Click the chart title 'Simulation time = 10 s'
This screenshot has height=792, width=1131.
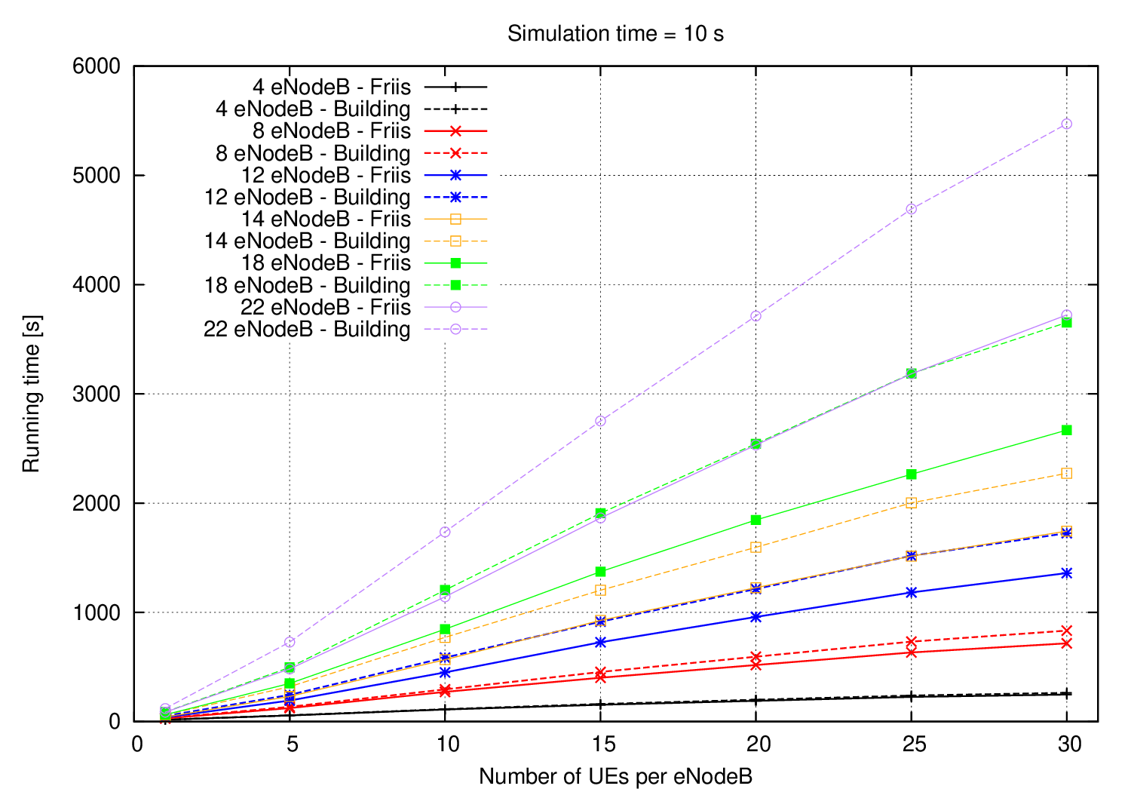coord(615,34)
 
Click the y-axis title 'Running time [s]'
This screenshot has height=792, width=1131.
coord(32,394)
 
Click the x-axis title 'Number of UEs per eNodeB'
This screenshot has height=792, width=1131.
coord(615,776)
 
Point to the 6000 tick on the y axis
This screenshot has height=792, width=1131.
coord(96,66)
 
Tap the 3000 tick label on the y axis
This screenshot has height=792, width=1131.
coord(96,394)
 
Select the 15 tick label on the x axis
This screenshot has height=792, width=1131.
coord(601,745)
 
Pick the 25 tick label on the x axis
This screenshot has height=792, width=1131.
coord(912,745)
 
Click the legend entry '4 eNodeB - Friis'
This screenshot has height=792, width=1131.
coord(332,87)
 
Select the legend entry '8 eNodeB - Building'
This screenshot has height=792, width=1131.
coord(313,153)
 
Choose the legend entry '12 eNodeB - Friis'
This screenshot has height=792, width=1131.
coord(326,175)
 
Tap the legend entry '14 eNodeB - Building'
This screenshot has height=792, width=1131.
coord(307,241)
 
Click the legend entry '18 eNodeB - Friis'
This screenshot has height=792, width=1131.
coord(326,263)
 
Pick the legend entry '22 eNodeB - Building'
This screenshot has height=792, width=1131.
coord(307,330)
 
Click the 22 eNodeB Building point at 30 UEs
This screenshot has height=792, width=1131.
coord(1066,124)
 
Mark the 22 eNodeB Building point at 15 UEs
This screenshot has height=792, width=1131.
coord(601,421)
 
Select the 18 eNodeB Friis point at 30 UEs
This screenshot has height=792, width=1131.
coord(1066,430)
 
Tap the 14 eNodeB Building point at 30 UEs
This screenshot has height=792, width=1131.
coord(1066,474)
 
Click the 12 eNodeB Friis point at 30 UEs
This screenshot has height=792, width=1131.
coord(1066,573)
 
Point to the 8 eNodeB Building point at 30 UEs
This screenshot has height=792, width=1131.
coord(1066,631)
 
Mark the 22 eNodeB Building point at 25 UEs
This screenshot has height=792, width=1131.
coord(912,209)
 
